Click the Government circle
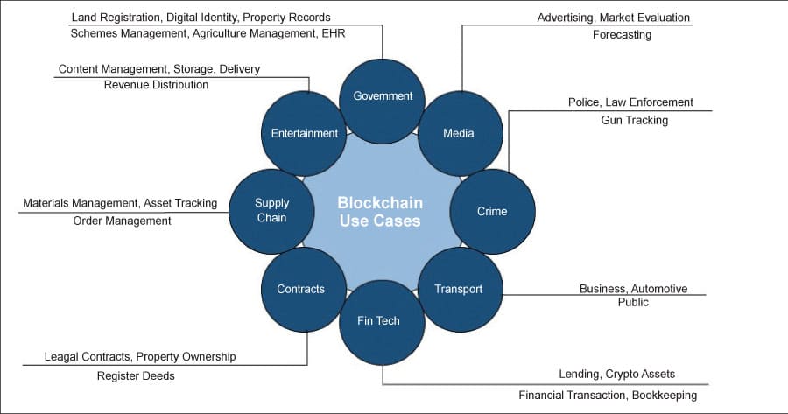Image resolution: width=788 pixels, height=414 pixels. [x=382, y=95]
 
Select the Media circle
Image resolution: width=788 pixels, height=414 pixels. [x=458, y=133]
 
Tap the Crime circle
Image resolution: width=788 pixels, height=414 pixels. [x=491, y=211]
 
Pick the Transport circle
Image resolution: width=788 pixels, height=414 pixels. [x=458, y=289]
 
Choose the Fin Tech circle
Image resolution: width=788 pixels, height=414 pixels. [x=378, y=320]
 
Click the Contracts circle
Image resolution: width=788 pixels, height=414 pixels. [x=300, y=289]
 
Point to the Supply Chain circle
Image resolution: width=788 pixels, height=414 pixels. [x=271, y=210]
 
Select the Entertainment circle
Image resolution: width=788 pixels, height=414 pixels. [x=304, y=133]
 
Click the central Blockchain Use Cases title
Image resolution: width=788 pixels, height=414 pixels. [x=379, y=211]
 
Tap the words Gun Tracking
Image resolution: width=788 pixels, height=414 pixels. [x=634, y=120]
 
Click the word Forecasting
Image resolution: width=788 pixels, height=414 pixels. [x=622, y=35]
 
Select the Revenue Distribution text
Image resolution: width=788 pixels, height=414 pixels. [x=156, y=85]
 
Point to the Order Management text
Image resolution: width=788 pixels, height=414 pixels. [x=122, y=221]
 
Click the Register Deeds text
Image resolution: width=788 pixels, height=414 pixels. [x=136, y=376]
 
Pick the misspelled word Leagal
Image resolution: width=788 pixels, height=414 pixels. [x=63, y=357]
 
